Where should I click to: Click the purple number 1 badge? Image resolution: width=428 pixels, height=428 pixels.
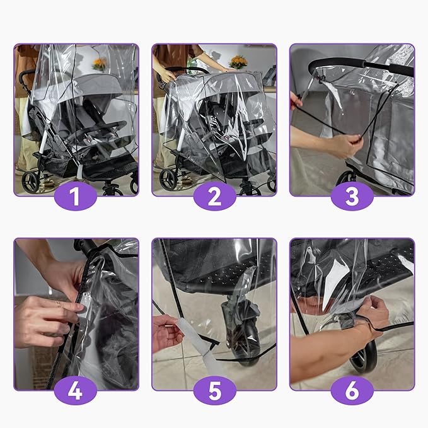pos(76,197)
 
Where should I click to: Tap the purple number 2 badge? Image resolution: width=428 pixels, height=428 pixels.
pos(214,197)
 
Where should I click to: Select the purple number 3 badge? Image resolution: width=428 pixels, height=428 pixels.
pos(352,197)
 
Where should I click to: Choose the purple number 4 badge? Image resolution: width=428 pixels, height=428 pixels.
pos(76,391)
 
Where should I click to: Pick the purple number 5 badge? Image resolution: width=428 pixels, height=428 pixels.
pos(214,391)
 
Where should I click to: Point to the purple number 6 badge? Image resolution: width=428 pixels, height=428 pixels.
pos(352,391)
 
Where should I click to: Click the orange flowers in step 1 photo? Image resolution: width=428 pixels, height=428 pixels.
pos(99,64)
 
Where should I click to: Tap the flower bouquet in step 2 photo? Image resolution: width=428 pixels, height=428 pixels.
pos(238,62)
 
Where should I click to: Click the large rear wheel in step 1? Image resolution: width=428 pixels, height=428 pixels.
pos(30,182)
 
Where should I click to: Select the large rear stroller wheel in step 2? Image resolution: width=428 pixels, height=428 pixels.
pos(168,179)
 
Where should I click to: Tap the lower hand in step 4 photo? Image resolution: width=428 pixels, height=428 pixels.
pos(44,321)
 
